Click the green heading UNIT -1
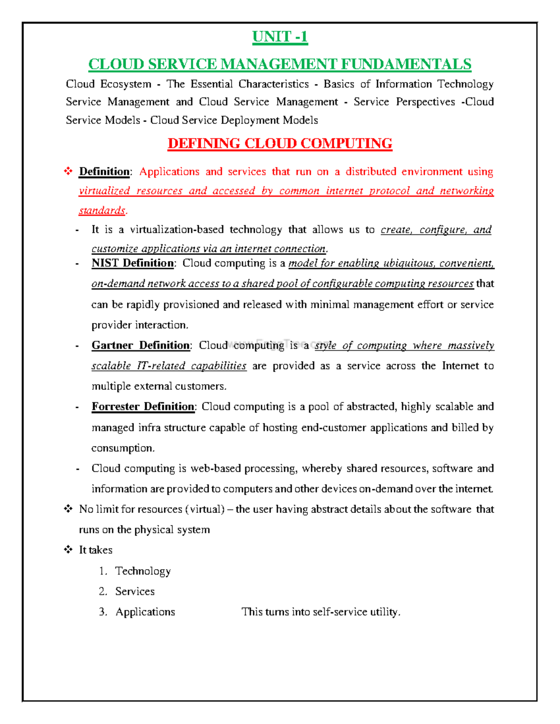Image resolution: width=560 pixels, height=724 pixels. click(x=280, y=36)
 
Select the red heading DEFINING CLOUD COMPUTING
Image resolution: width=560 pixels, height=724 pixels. click(x=280, y=143)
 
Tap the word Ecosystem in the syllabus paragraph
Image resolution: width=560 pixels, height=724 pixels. click(x=126, y=84)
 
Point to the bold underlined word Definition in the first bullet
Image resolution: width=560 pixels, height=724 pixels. click(x=104, y=172)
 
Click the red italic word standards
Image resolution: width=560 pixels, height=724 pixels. click(x=102, y=211)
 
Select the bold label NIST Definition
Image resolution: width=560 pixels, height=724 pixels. click(x=133, y=263)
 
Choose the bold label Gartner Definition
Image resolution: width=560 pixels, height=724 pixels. click(x=140, y=345)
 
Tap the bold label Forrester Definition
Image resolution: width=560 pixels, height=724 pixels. click(x=143, y=407)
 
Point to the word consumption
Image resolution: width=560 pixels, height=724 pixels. click(x=122, y=448)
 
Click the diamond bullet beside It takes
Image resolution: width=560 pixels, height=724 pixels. click(x=68, y=550)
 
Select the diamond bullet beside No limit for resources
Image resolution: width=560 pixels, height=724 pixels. click(x=68, y=509)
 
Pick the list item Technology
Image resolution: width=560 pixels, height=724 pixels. click(x=143, y=571)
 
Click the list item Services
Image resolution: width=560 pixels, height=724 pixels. click(x=135, y=591)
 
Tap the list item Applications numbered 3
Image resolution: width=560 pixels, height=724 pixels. click(x=145, y=612)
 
